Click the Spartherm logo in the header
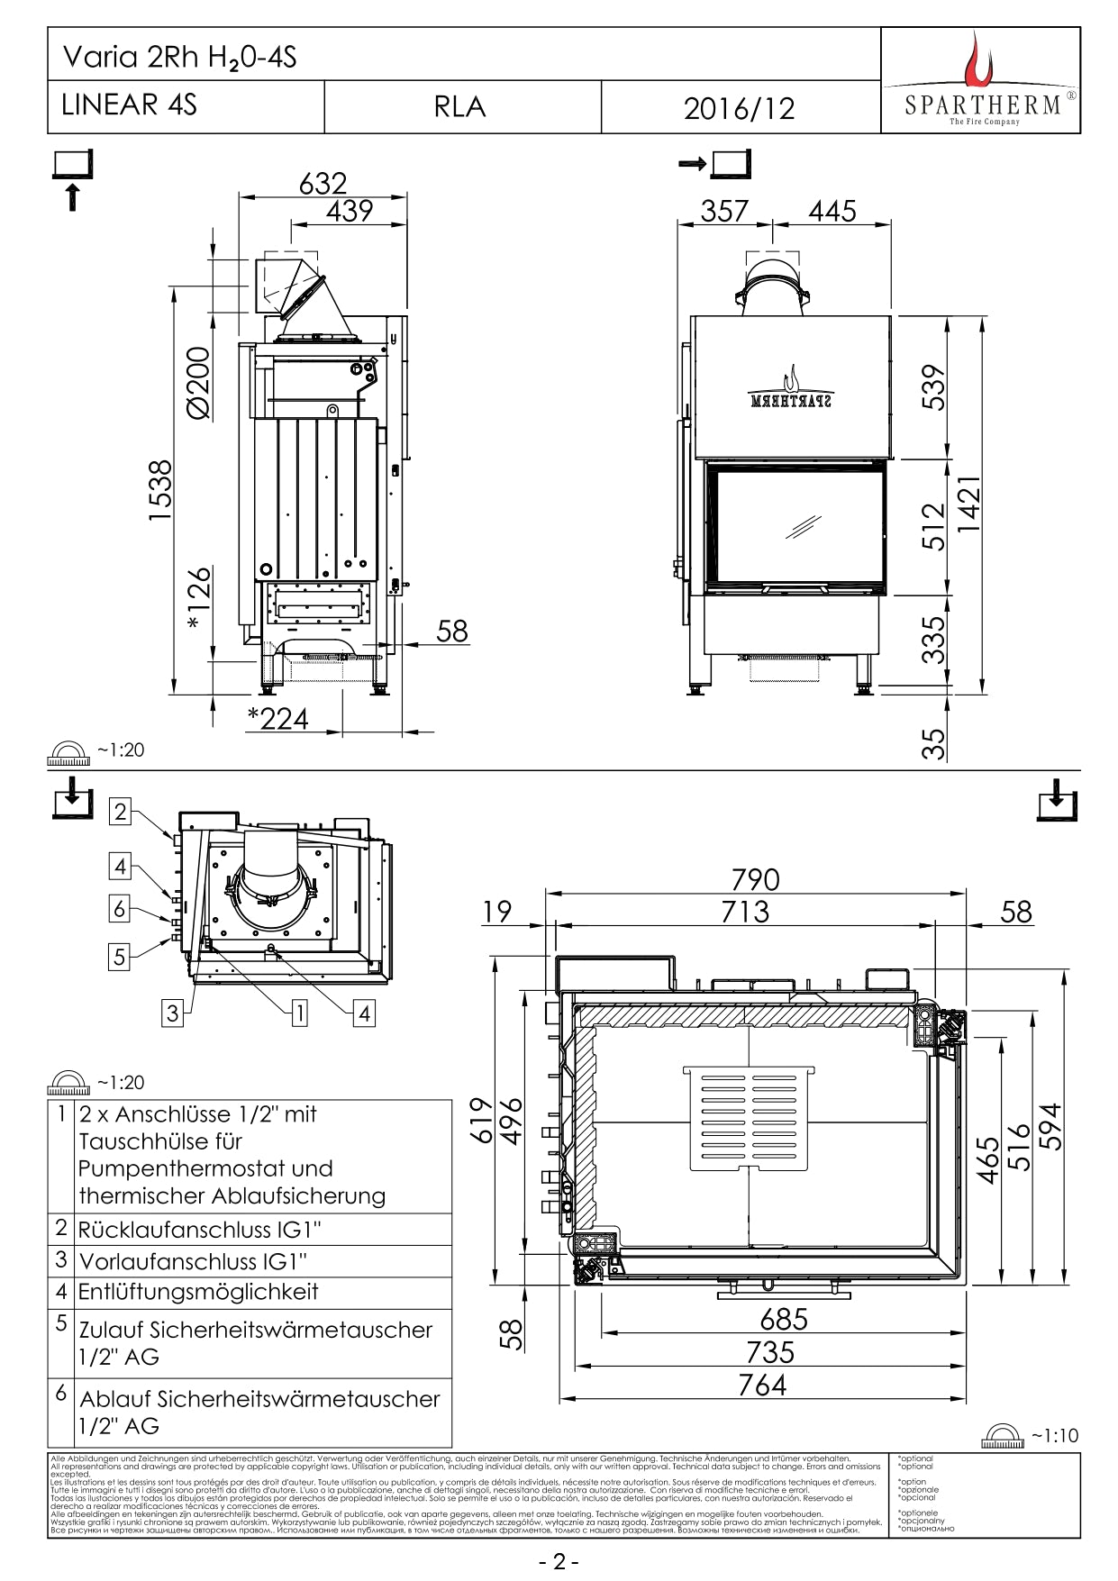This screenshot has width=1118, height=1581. click(980, 81)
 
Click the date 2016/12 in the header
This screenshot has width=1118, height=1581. click(739, 108)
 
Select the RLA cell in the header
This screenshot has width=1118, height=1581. click(459, 107)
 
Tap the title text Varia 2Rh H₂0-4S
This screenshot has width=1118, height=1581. click(179, 58)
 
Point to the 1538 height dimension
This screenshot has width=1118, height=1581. click(160, 490)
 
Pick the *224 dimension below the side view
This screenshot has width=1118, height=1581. click(278, 718)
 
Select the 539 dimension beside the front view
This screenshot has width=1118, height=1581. click(936, 387)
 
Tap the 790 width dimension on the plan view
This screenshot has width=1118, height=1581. click(755, 879)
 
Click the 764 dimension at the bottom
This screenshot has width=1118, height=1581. click(762, 1385)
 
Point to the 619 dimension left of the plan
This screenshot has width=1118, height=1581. click(483, 1120)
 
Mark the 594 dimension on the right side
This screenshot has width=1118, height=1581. click(1050, 1126)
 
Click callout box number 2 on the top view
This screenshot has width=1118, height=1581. click(121, 812)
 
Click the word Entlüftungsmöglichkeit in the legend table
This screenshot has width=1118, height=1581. click(198, 1292)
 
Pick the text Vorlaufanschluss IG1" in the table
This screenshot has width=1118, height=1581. click(193, 1260)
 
